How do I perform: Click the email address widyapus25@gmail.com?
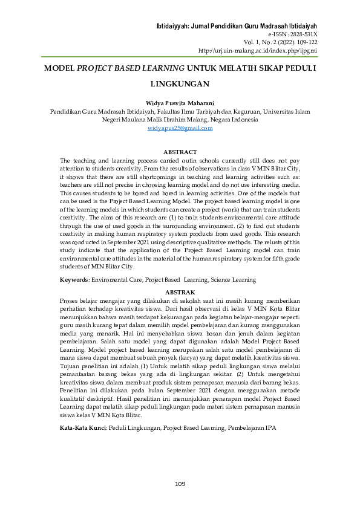coord(180,129)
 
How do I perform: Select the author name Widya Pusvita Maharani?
coord(180,103)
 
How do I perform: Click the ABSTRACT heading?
coord(180,152)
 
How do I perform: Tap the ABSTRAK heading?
coord(180,291)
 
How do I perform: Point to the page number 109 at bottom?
coord(180,484)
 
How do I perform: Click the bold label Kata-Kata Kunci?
coord(82,428)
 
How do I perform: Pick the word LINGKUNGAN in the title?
coord(180,84)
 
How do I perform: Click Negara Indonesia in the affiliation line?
coord(233,120)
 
